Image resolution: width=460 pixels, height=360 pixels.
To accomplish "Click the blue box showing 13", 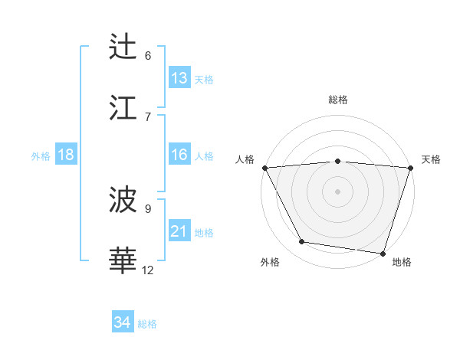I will (179, 77).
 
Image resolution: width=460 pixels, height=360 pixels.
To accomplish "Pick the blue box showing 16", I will (179, 155).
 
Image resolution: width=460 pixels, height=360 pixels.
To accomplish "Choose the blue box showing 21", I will (179, 231).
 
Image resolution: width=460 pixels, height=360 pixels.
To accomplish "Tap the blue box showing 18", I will (66, 155).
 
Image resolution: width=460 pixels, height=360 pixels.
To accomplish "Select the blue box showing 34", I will (123, 322).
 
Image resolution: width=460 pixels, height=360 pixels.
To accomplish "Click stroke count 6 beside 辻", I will (148, 55).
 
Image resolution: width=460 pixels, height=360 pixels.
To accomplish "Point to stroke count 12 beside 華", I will (148, 270).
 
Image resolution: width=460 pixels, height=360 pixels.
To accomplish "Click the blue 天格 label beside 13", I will (204, 79).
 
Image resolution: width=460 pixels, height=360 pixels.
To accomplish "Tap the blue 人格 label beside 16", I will (204, 156).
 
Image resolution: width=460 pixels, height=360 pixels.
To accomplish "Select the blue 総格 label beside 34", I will (147, 324).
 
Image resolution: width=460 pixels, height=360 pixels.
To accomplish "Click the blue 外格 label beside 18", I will (41, 156).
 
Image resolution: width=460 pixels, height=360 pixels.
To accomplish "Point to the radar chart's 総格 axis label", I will (337, 100).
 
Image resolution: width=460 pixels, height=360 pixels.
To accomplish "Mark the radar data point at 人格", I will (265, 168).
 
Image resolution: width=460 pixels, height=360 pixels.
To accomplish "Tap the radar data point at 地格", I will (382, 253).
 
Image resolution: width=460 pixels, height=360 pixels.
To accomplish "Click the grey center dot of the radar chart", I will (337, 191).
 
